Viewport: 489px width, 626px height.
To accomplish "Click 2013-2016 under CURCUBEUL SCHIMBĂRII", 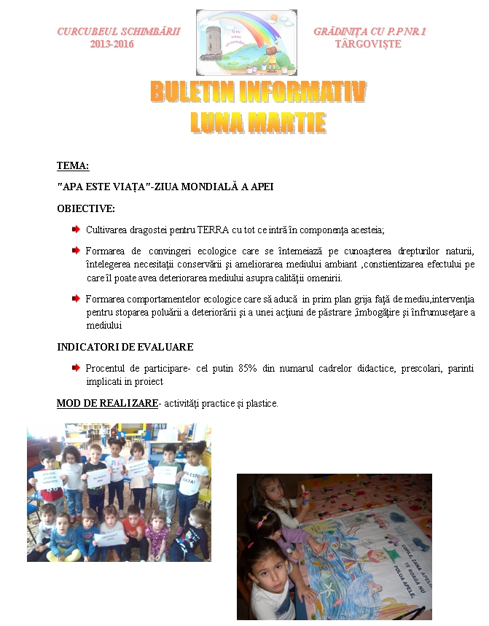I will (112, 44).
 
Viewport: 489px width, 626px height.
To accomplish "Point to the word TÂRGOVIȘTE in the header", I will (367, 44).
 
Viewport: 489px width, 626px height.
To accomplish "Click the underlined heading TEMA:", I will (73, 165).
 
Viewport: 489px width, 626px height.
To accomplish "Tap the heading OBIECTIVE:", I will (86, 208).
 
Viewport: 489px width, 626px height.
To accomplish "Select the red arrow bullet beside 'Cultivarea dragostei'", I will (76, 230).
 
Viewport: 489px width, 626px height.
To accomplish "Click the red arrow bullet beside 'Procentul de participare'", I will (76, 367).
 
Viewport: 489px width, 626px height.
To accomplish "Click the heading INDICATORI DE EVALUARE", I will (125, 347).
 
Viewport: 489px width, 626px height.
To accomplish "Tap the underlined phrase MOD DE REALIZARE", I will (107, 403).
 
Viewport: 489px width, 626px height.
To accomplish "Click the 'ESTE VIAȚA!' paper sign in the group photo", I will (194, 477).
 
